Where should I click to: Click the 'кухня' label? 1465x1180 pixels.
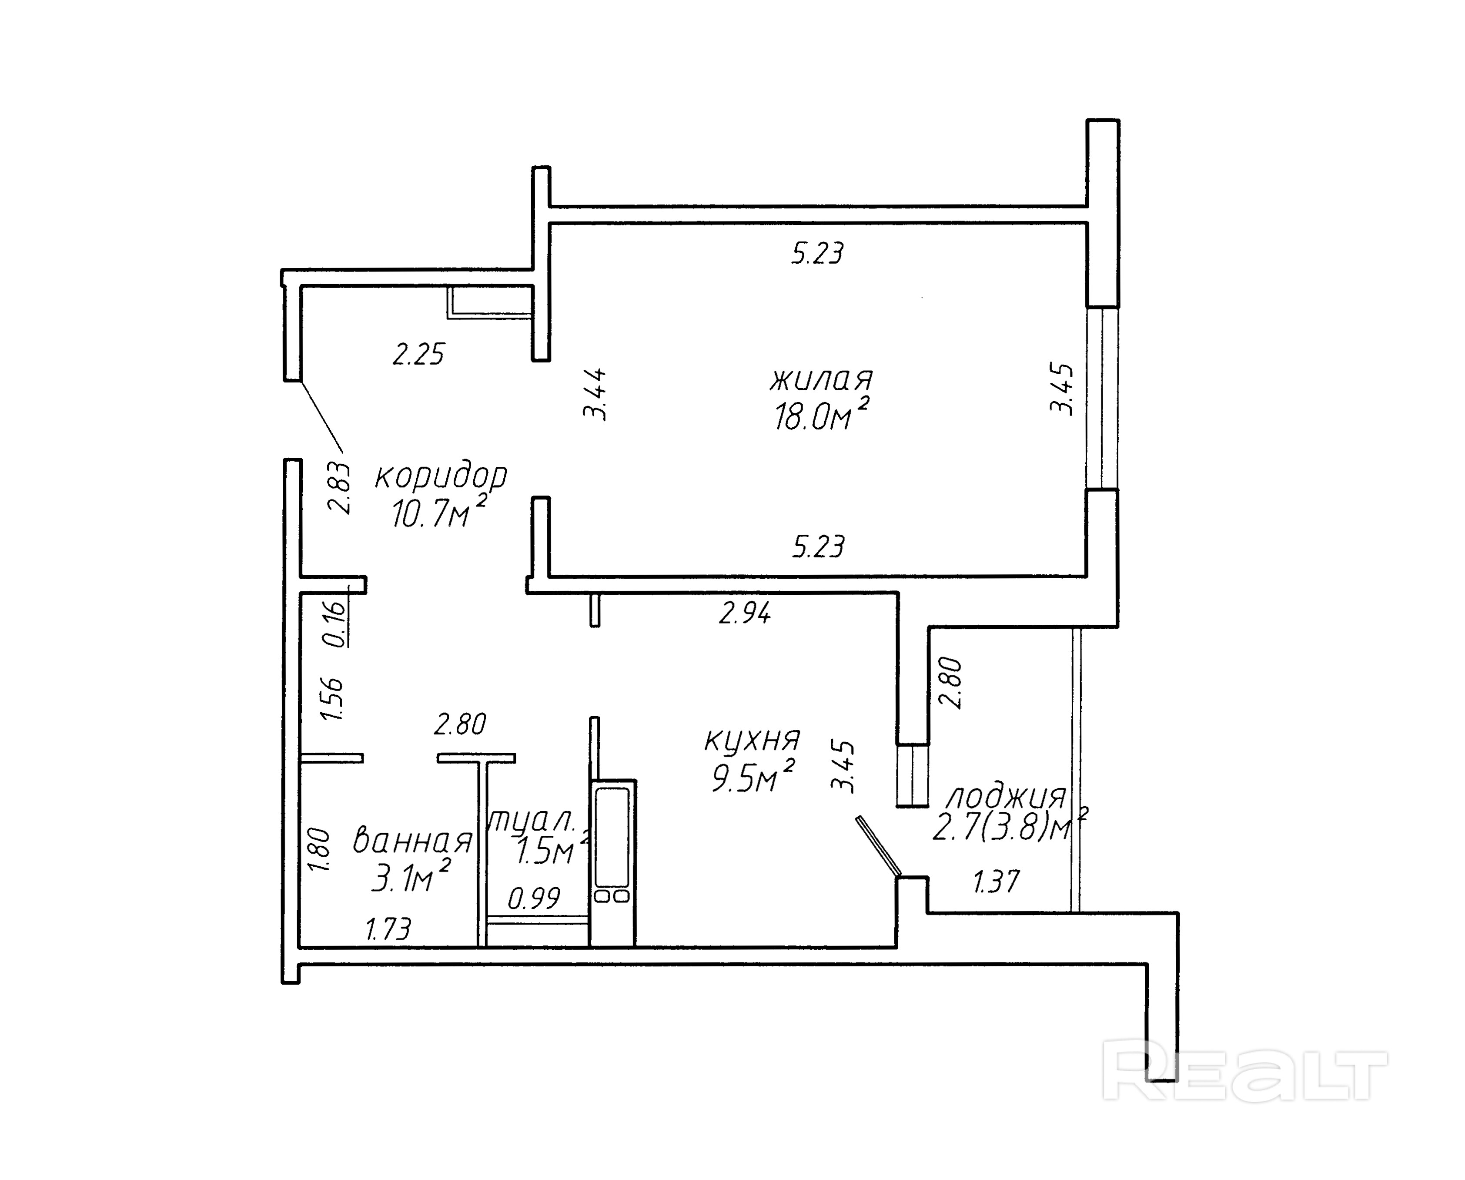point(752,740)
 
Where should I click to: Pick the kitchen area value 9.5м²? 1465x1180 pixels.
point(752,777)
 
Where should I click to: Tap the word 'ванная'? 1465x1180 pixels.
point(412,841)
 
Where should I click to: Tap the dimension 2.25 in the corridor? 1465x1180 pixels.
point(418,355)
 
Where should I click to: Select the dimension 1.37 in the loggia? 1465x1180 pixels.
point(996,882)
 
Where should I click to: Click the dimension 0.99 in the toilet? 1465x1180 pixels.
point(534,898)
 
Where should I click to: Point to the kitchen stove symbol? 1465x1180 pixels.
point(612,863)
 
